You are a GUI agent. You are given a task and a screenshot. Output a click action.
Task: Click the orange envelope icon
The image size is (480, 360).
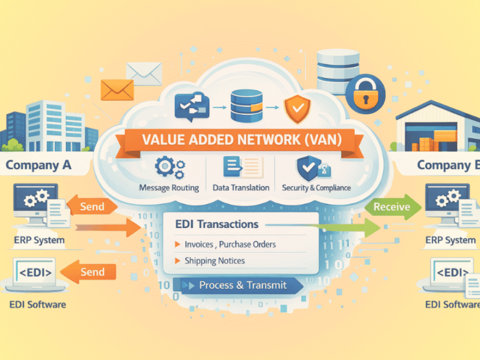[117, 89]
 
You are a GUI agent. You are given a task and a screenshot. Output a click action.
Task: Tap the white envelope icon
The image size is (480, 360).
[143, 73]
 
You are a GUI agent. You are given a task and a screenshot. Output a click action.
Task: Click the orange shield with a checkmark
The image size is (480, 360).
[297, 109]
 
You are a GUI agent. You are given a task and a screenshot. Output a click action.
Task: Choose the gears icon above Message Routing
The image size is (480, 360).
[170, 167]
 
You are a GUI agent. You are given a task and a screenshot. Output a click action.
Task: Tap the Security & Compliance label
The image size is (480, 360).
[317, 187]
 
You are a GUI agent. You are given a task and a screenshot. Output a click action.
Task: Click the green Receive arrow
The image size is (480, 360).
[393, 207]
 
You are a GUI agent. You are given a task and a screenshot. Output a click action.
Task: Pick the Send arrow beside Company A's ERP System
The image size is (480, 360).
[91, 206]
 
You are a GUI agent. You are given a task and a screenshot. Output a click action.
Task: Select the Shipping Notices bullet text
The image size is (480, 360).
[214, 261]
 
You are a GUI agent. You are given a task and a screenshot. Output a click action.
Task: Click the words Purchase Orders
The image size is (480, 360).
[249, 244]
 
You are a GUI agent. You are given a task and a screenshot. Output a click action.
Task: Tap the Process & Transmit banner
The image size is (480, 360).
[242, 285]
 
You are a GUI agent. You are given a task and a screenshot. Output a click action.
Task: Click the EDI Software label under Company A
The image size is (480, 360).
[38, 304]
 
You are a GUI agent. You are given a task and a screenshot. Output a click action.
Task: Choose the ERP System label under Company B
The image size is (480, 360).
[450, 240]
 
